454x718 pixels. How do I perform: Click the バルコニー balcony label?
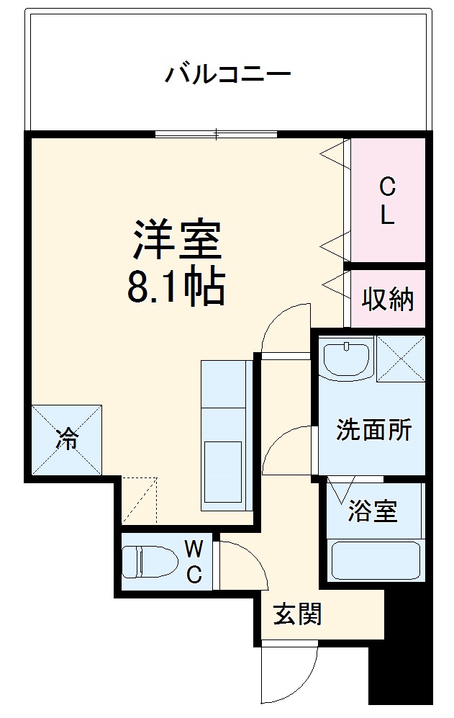pos(228,74)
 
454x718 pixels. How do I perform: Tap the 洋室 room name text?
pos(176,241)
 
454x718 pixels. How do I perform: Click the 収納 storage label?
pos(388,298)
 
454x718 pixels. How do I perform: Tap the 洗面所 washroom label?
pos(374,430)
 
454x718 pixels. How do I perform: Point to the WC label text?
pos(194,562)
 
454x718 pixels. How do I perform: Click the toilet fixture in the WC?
pos(150,561)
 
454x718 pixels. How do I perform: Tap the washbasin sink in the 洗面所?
pos(346,359)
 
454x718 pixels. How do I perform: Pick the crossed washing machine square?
pos(401,358)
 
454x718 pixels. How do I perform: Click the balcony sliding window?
pos(216,133)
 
